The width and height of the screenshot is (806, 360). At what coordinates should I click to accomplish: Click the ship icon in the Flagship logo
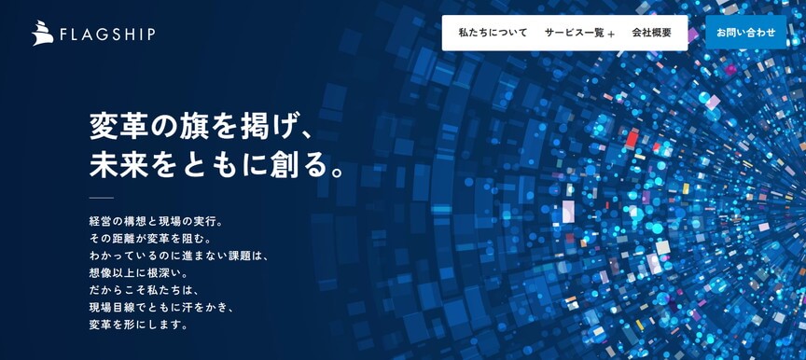[42, 34]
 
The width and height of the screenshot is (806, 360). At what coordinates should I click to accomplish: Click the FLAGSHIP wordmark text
[106, 35]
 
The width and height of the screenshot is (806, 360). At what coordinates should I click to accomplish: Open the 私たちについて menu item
[493, 33]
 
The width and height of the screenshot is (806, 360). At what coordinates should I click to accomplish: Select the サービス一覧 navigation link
[574, 33]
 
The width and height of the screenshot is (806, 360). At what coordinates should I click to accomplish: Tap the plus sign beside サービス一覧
[611, 35]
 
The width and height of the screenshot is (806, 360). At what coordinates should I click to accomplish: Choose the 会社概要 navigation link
[651, 33]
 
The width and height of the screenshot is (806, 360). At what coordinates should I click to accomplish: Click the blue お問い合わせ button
[745, 33]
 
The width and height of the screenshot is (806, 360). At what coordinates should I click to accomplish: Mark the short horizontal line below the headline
[101, 198]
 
